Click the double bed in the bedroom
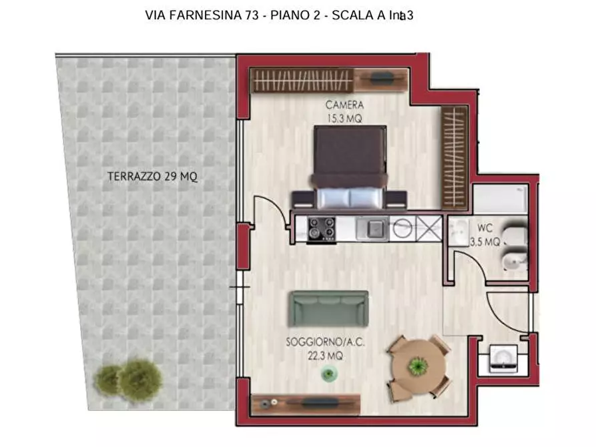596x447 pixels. pos(350,167)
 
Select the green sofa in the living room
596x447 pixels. pos(328,308)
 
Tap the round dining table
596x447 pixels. pos(418,366)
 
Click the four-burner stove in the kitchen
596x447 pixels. pos(320,229)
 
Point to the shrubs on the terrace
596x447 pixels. pos(129,378)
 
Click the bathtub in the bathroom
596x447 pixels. pos(500,198)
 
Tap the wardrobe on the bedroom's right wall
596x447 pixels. pos(453,157)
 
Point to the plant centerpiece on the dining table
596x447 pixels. pos(418,366)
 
